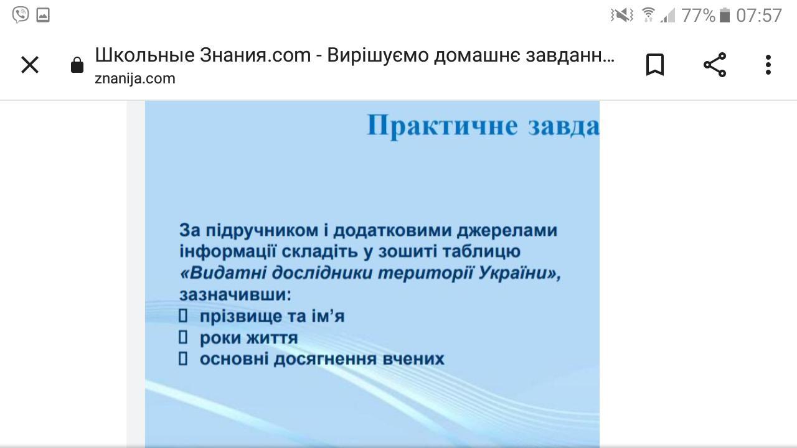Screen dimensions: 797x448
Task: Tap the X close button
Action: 30,65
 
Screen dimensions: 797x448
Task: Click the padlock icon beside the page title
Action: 77,65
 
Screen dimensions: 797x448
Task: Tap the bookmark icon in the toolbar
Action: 654,65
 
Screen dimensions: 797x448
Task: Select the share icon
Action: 715,65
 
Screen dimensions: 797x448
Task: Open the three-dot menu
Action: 768,65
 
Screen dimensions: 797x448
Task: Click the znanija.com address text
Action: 135,78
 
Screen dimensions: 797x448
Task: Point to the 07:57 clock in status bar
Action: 759,16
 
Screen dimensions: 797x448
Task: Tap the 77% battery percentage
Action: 698,16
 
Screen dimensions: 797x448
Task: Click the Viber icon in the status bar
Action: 21,16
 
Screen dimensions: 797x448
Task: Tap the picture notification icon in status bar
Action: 43,16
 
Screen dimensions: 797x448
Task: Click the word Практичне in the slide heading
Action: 442,126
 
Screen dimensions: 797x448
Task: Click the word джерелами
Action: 507,230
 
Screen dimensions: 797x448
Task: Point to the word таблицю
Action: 482,251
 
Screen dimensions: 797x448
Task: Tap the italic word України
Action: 513,273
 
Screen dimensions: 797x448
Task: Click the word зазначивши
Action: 235,294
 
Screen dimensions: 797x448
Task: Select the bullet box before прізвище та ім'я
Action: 183,315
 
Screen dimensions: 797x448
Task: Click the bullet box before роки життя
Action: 183,337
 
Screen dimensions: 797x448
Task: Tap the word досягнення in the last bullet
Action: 325,359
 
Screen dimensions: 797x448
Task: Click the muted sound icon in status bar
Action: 622,16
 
